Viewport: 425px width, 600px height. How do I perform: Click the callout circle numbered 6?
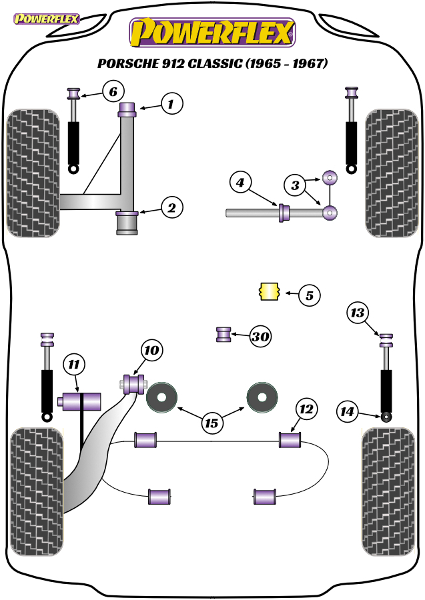click(113, 91)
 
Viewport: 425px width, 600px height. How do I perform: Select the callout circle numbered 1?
click(171, 103)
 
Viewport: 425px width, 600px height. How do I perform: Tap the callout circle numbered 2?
click(171, 207)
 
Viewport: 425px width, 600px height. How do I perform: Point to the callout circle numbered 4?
click(240, 183)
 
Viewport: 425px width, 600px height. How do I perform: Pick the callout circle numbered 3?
click(295, 185)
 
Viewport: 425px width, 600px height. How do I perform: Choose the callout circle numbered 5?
click(310, 295)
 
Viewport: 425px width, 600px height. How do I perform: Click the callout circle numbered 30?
click(260, 337)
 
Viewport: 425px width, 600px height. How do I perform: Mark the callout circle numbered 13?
click(358, 313)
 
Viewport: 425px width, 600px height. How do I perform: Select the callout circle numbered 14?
click(348, 411)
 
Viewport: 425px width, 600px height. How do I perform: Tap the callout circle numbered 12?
click(306, 409)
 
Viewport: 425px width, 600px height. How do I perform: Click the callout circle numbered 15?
click(211, 423)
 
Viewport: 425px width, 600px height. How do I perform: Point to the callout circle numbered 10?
click(152, 350)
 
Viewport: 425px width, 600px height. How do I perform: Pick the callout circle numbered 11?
click(74, 364)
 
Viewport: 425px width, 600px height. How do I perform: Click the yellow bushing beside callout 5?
click(270, 291)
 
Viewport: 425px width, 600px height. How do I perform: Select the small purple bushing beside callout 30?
click(224, 335)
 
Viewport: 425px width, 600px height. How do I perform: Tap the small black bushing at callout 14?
click(387, 416)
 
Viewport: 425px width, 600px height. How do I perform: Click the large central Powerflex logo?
click(212, 33)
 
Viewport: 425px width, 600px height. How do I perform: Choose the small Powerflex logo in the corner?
click(46, 19)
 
